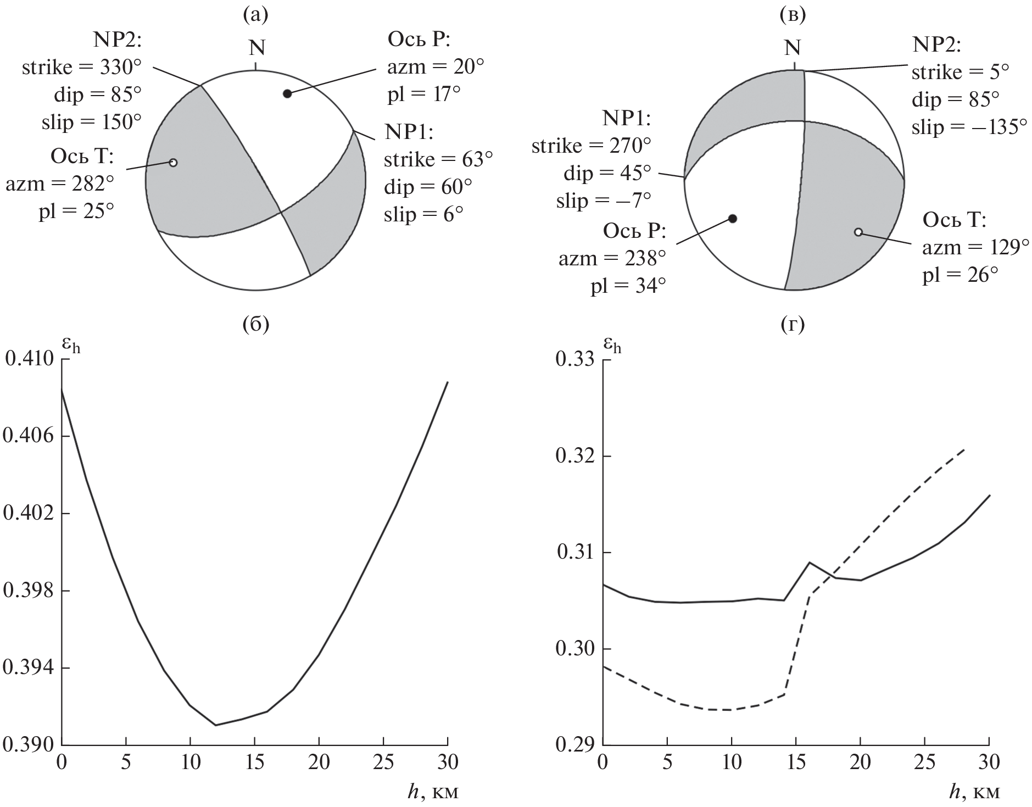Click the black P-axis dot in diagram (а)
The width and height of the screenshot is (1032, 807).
click(x=287, y=93)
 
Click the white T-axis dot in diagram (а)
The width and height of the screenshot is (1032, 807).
click(x=173, y=163)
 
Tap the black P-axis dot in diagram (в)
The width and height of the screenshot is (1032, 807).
click(x=732, y=219)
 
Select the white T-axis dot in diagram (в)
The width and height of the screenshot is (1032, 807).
click(x=858, y=232)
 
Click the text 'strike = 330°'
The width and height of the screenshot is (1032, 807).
click(x=82, y=68)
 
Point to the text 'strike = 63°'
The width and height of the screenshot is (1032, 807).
click(x=438, y=160)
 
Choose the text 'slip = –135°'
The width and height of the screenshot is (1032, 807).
click(x=969, y=127)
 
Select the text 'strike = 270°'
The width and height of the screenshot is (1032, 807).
click(x=591, y=146)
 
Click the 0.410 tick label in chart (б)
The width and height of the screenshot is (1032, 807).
click(x=30, y=359)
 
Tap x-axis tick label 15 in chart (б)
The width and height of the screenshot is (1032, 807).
click(x=254, y=763)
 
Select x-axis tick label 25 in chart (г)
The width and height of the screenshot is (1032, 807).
click(x=924, y=763)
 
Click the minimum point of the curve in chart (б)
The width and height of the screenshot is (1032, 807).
click(x=215, y=725)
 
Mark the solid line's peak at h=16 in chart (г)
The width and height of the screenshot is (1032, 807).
click(x=809, y=562)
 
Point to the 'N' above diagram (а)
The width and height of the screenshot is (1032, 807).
click(x=256, y=48)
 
